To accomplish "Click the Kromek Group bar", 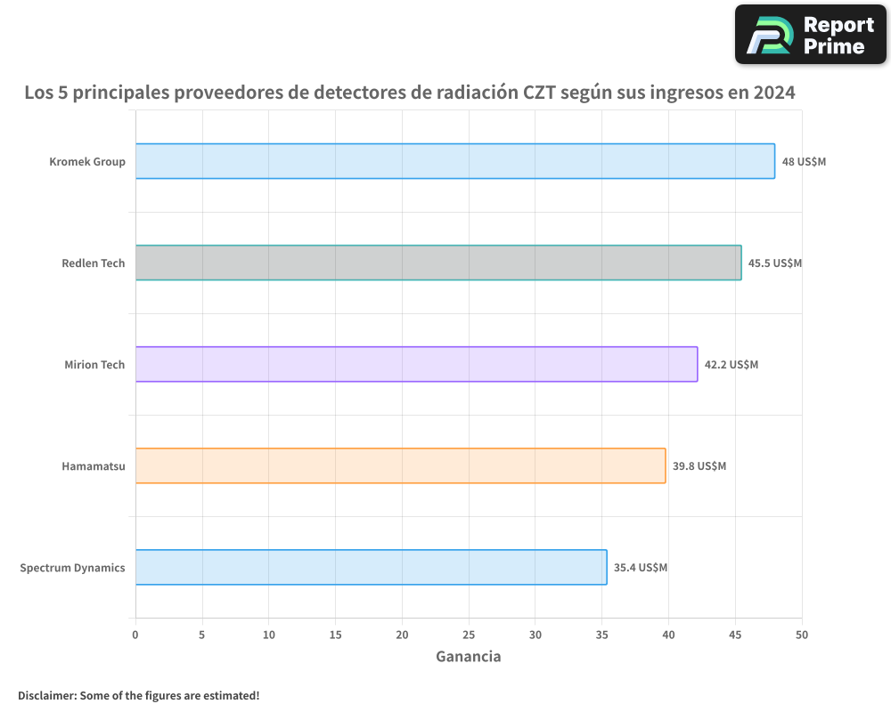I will [454, 161].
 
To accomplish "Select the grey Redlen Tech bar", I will [437, 263].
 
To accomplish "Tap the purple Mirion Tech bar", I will [416, 364].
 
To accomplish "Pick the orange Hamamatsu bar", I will [400, 465].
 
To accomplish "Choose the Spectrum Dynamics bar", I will [371, 567].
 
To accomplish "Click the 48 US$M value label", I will [804, 162].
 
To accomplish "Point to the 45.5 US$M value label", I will [774, 263].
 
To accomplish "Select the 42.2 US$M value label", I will [731, 365].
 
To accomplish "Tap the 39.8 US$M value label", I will [699, 466].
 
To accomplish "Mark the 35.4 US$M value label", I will [640, 568].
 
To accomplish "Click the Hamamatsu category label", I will [94, 465].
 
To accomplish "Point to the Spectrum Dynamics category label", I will [72, 567].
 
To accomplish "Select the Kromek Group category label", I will [87, 162].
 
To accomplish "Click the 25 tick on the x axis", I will [469, 635].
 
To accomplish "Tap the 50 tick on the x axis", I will [802, 635].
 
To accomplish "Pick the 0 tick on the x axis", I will [135, 635].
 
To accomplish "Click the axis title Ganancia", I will [468, 657].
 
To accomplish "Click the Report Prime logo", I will [811, 35].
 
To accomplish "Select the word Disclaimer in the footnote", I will [46, 695].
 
